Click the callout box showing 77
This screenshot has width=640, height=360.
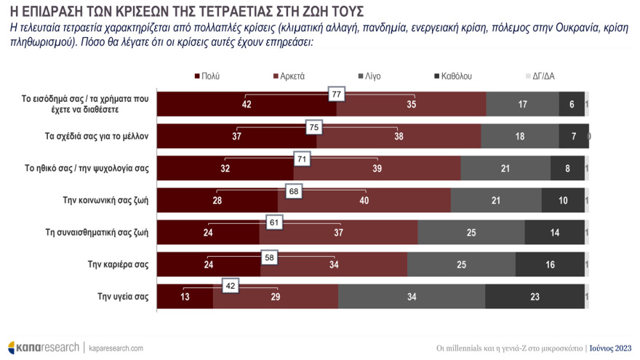pyautogui.click(x=336, y=95)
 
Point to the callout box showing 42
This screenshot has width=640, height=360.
pyautogui.click(x=231, y=287)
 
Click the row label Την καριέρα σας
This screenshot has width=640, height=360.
pyautogui.click(x=120, y=264)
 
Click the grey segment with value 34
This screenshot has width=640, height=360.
pyautogui.click(x=412, y=297)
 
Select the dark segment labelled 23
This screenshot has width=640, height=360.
pyautogui.click(x=535, y=297)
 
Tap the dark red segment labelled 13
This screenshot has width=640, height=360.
pyautogui.click(x=185, y=297)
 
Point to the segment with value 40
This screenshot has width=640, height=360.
pyautogui.click(x=364, y=201)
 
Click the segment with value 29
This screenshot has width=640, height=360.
pyautogui.click(x=276, y=297)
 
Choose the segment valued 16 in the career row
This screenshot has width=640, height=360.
pyautogui.click(x=549, y=265)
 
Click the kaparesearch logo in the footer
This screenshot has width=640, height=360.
pyautogui.click(x=43, y=347)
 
